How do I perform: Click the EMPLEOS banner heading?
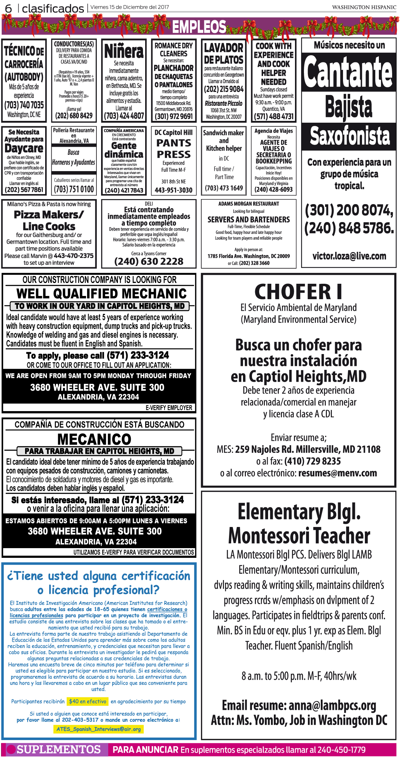199,27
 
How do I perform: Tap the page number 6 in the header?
8,8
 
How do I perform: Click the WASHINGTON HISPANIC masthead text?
364,7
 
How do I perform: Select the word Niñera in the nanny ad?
124,52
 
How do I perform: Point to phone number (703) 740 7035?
24,105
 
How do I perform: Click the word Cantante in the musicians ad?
348,72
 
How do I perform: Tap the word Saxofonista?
349,136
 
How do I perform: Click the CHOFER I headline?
298,292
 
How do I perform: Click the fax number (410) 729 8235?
313,461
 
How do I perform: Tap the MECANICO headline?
94,439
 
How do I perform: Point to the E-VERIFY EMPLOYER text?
169,408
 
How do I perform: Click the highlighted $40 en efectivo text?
88,701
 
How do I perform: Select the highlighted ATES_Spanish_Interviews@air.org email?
99,729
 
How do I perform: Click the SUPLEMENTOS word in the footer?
58,749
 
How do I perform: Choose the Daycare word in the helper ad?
24,148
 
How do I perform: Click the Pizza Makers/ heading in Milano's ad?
49,215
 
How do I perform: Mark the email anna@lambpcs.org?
332,706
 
